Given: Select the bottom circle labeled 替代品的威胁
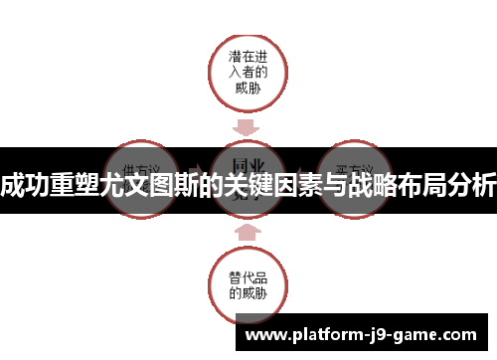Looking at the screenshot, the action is (248, 284).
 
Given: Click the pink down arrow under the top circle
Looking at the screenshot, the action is (248, 126).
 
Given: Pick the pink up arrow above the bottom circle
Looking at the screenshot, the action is (248, 231).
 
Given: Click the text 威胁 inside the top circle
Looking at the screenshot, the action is (248, 88).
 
